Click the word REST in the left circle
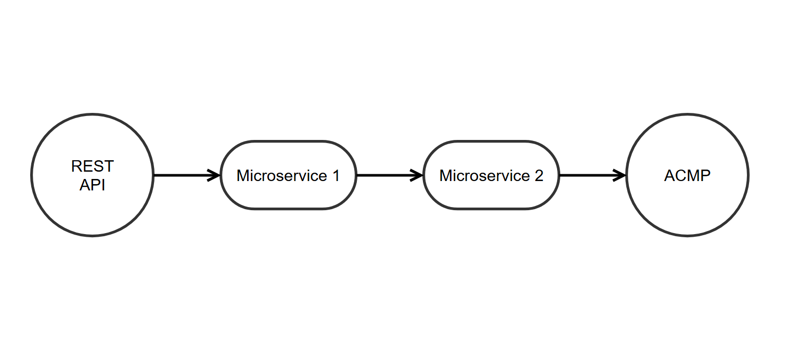(93, 166)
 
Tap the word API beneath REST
(93, 185)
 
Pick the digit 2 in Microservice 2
(538, 176)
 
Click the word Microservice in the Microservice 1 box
(281, 176)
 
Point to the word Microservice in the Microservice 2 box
(484, 176)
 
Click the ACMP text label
(687, 176)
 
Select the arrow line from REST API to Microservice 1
(185, 175)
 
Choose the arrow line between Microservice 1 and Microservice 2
(388, 175)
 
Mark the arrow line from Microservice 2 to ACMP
(590, 175)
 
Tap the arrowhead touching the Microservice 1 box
(215, 175)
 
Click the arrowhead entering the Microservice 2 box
(418, 175)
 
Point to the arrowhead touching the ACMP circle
(621, 175)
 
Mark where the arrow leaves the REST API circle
(155, 175)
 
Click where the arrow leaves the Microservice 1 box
(358, 175)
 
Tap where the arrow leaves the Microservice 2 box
(561, 175)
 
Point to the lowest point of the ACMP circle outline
(687, 236)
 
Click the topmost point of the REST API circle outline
(93, 114)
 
